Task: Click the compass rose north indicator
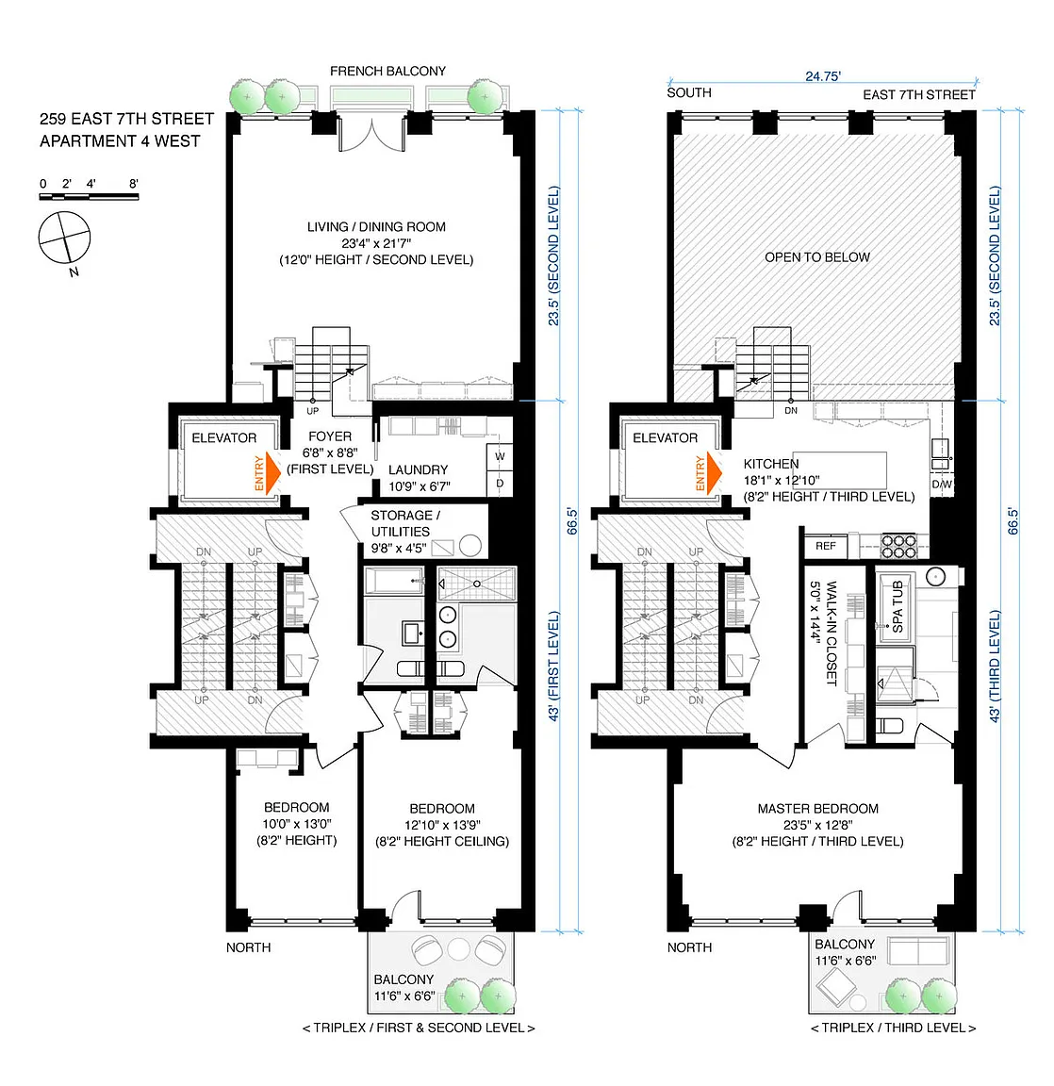tap(64, 238)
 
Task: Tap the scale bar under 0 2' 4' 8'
tap(89, 197)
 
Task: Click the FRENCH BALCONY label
tap(387, 71)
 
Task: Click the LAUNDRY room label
tap(419, 469)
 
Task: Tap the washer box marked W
tap(500, 456)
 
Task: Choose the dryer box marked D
tap(500, 483)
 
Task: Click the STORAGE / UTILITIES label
tap(405, 523)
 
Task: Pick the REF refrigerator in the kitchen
tap(826, 546)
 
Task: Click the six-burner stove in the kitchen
tap(898, 546)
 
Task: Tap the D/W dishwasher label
tap(942, 485)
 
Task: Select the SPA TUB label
tap(898, 606)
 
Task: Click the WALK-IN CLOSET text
tap(832, 633)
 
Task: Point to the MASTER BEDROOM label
tap(818, 808)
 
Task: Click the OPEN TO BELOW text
tap(817, 257)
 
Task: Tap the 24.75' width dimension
tap(823, 76)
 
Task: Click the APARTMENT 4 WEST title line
tap(120, 141)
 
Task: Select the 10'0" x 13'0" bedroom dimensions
tap(296, 824)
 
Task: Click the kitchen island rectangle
tap(839, 470)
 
